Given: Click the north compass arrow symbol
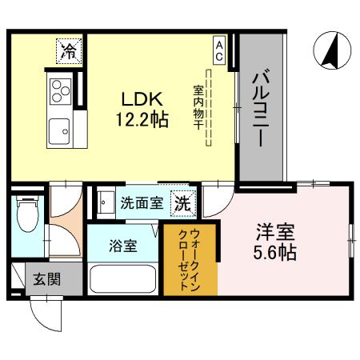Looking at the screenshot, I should pos(328,50).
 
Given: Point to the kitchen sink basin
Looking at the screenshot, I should pos(59,127).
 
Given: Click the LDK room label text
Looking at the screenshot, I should pos(142,99).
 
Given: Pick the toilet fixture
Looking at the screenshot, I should pos(26,216).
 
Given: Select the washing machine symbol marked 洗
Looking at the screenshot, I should pos(183,202).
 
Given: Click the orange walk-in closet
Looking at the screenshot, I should pos(189,260).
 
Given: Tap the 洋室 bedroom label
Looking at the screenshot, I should pos(276,234).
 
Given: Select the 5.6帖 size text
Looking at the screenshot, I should pos(276,254).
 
